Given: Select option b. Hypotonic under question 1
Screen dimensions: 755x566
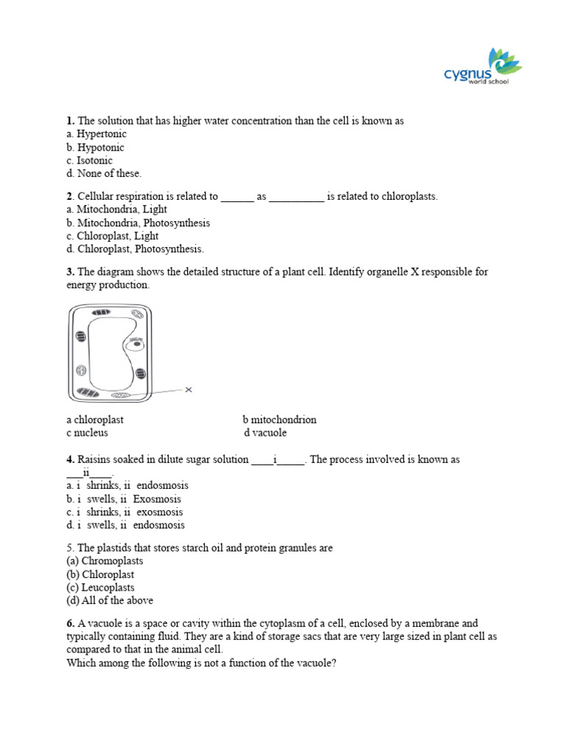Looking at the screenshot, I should pyautogui.click(x=95, y=147).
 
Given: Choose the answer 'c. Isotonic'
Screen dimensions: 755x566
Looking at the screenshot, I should pyautogui.click(x=89, y=161).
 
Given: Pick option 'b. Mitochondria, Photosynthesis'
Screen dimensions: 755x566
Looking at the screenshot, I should pyautogui.click(x=138, y=223).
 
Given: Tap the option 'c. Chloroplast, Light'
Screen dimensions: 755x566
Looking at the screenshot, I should pyautogui.click(x=112, y=236).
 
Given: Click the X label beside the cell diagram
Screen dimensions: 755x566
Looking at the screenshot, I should pyautogui.click(x=189, y=390).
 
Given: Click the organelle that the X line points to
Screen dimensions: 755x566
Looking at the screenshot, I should pyautogui.click(x=119, y=396).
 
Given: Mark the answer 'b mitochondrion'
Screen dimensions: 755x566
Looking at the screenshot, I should pyautogui.click(x=279, y=420).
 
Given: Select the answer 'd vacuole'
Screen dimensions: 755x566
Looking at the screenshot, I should pyautogui.click(x=265, y=433).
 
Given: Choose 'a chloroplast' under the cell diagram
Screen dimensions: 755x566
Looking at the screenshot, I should pyautogui.click(x=94, y=420).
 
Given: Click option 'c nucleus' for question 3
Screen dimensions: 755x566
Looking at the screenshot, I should pyautogui.click(x=87, y=433).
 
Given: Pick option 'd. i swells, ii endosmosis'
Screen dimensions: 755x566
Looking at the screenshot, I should pyautogui.click(x=125, y=525).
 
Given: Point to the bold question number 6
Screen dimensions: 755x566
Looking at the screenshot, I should pyautogui.click(x=70, y=624).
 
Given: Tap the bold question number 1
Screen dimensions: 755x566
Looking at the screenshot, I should pyautogui.click(x=70, y=121).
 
